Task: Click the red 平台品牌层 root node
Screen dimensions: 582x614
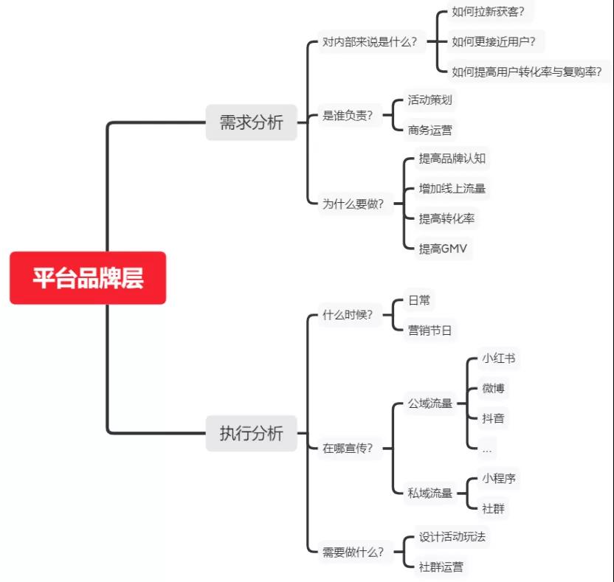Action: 88,278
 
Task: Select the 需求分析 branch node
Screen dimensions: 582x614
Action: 251,122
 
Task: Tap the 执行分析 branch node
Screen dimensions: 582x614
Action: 251,433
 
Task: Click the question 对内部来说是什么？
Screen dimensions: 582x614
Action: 370,42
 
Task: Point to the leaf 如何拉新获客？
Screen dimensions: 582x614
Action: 492,12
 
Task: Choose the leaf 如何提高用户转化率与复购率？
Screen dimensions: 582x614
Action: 527,72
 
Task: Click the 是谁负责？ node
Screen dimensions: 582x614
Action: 348,115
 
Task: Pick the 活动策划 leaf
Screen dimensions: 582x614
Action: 430,100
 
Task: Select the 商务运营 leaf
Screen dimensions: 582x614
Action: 430,131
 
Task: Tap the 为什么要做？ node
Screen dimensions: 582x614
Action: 353,204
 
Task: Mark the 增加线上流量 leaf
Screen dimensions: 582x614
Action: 452,189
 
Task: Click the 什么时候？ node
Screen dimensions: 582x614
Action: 348,315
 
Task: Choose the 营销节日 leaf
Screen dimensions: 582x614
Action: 430,330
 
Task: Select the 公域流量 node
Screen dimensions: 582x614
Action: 430,403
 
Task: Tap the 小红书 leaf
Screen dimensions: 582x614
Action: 498,359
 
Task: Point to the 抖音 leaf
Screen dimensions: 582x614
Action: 493,418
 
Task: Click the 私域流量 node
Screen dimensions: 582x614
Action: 430,493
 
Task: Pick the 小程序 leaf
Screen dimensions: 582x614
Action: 498,478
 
